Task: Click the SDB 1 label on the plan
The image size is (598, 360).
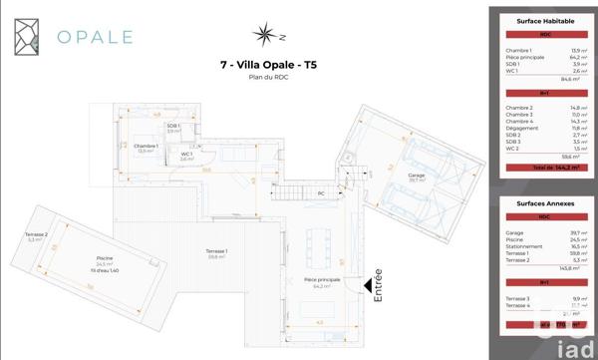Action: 172,126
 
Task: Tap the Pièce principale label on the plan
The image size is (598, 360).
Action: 322,281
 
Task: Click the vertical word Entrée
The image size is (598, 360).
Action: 377,285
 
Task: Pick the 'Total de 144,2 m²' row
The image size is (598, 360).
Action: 543,169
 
